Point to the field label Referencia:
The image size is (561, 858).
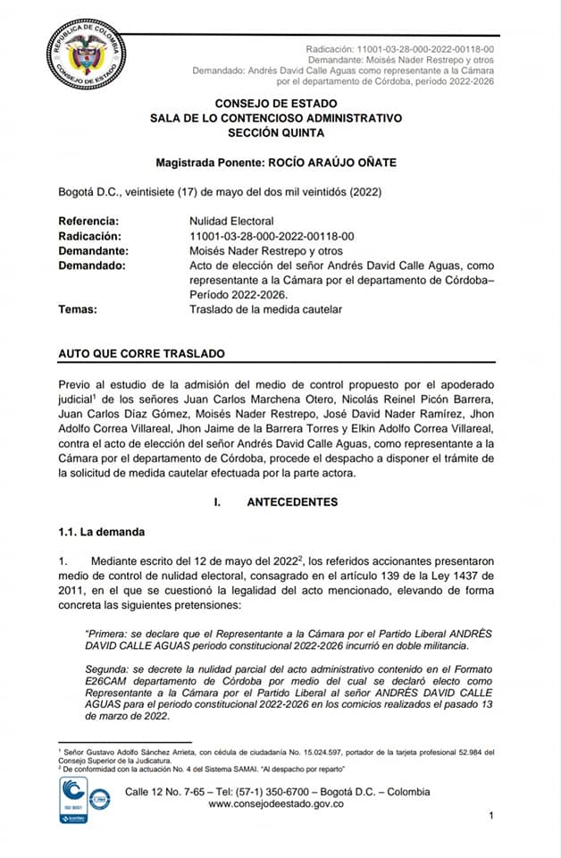87,221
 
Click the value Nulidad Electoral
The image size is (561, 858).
231,221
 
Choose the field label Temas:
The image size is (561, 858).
78,308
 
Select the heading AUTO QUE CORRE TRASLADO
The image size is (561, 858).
141,354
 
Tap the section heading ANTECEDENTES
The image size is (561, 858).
292,502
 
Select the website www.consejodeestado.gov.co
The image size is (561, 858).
276,804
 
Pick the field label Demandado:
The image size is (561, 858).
91,265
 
